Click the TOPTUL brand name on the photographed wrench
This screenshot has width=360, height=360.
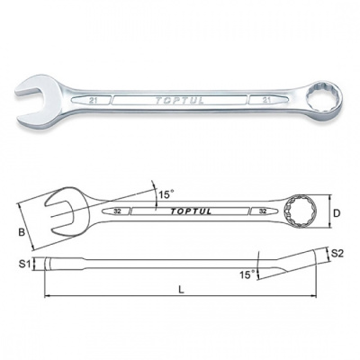tap(180, 101)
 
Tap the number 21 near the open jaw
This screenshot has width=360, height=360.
tap(93, 101)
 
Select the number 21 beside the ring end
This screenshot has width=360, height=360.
tap(266, 100)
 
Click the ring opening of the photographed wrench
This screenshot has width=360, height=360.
tap(321, 98)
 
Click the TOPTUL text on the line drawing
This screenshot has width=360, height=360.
tap(191, 211)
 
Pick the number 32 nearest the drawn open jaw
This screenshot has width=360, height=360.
tap(117, 211)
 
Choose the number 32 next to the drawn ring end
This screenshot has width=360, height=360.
tap(263, 211)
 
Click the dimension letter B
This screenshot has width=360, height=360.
tap(21, 232)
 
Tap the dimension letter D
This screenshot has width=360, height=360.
tap(337, 213)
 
